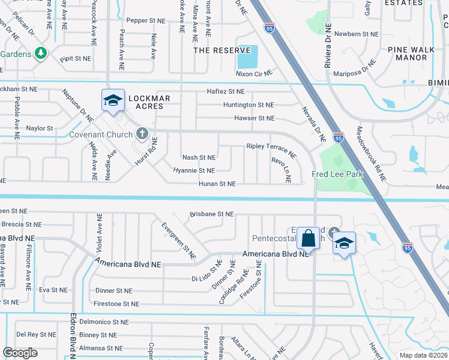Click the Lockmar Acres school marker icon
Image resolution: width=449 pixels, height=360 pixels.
tap(113, 100)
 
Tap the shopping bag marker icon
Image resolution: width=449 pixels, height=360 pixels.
tap(308, 238)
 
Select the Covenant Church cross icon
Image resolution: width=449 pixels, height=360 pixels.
tap(142, 133)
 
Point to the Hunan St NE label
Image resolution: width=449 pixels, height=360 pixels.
tap(217, 184)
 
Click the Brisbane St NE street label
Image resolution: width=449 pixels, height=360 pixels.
tap(211, 214)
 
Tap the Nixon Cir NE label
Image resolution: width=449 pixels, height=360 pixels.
tap(254, 73)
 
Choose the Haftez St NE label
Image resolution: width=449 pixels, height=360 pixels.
tap(226, 91)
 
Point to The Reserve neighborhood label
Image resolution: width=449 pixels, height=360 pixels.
tap(221, 50)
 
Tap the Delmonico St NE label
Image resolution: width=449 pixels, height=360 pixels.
tap(104, 322)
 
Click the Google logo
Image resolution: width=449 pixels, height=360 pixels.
tap(20, 353)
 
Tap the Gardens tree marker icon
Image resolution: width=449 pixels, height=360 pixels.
tap(41, 53)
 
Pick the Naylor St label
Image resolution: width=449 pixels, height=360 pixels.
tap(40, 128)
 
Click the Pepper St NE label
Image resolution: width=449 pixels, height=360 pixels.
tap(145, 20)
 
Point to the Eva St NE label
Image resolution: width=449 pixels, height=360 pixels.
tap(53, 290)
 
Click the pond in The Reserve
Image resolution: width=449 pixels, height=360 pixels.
tap(247, 58)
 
